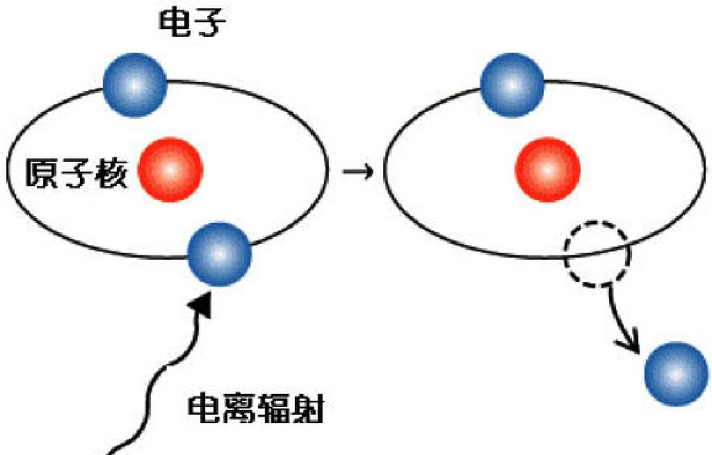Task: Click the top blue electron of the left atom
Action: tap(135, 84)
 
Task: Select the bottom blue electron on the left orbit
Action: tap(220, 254)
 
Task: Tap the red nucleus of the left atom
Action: tap(170, 169)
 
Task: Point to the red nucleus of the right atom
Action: tap(547, 169)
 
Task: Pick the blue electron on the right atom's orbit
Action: tap(512, 84)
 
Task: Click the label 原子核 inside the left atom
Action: tap(76, 174)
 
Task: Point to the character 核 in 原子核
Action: tap(111, 174)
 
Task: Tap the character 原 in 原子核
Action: tap(42, 174)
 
